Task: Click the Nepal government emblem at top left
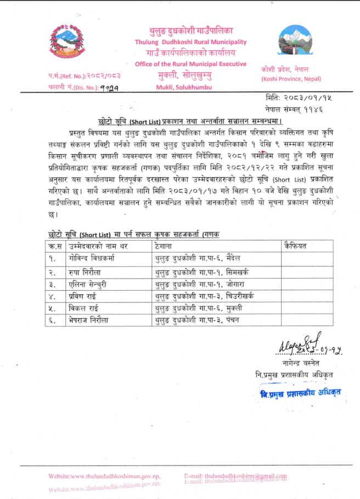coord(66,45)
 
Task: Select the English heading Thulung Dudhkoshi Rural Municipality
coord(190,42)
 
